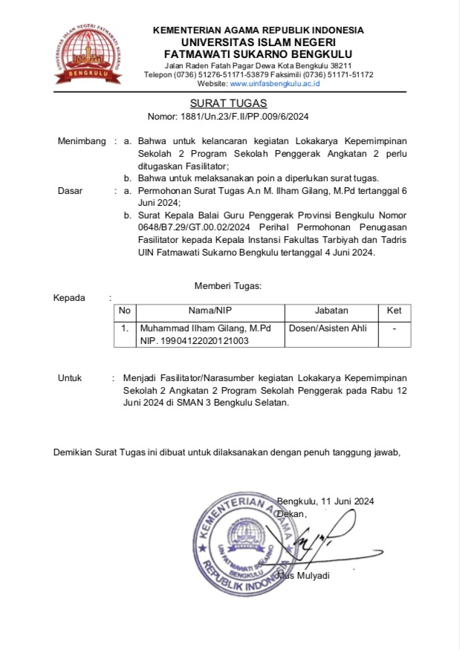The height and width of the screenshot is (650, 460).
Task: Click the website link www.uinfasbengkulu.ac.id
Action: [275, 84]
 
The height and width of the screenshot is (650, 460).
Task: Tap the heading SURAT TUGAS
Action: [228, 103]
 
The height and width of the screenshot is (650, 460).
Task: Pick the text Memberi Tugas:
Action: [228, 285]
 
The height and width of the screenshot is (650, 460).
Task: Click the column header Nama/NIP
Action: [210, 311]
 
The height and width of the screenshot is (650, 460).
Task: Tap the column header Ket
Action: [394, 311]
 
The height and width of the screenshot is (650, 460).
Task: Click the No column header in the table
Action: [124, 311]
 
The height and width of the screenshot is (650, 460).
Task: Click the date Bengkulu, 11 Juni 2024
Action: [325, 501]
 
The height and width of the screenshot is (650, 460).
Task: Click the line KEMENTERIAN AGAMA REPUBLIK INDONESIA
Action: [258, 30]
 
